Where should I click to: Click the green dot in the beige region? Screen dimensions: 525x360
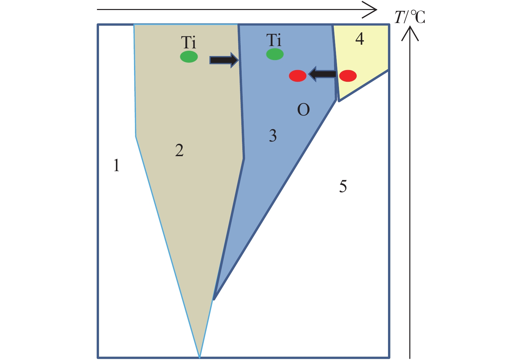point(189,56)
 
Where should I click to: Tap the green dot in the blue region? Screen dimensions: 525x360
point(275,54)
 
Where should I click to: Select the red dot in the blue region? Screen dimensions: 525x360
point(298,76)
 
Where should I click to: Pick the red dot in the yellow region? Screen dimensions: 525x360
point(348,76)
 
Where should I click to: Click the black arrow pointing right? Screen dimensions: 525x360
point(224,60)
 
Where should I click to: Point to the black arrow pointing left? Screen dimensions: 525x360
point(323,74)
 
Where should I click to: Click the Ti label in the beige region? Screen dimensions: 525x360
point(188,42)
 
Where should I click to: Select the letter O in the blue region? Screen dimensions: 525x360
point(304,109)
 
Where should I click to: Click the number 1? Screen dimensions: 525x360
point(116,165)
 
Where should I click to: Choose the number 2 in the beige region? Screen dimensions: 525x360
point(179,150)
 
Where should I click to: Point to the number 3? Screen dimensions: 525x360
point(273,135)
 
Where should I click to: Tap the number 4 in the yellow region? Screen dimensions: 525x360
point(360,39)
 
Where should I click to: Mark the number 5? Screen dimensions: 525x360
point(343,187)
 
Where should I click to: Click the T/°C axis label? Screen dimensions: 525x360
point(410,17)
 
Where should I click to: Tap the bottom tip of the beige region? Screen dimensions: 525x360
point(199,357)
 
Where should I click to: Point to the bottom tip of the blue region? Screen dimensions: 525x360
point(214,300)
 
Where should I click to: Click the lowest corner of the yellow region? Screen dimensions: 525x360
point(339,101)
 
